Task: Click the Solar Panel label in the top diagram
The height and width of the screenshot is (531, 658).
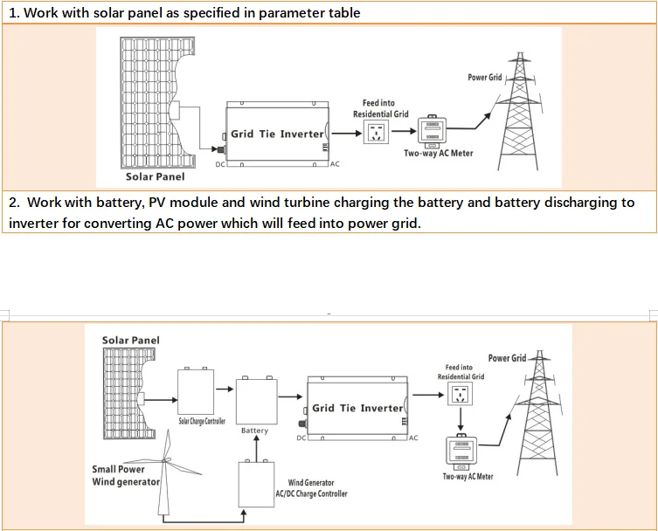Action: click(155, 177)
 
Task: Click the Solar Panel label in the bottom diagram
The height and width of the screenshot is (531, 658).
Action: click(131, 341)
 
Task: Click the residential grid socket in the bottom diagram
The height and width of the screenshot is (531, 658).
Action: click(459, 396)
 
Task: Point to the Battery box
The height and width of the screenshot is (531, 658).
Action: click(255, 402)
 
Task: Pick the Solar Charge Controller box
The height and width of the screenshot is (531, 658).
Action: click(196, 392)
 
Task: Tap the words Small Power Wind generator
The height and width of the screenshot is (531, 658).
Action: click(126, 475)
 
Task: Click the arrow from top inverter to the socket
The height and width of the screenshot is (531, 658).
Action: click(348, 134)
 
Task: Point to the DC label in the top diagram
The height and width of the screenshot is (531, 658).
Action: click(219, 164)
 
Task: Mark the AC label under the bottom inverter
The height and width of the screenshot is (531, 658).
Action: click(413, 438)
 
